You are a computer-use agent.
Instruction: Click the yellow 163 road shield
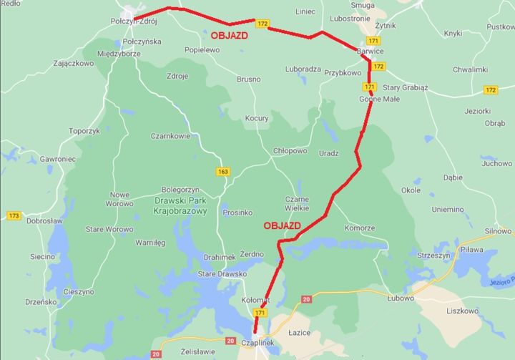coord(224,171)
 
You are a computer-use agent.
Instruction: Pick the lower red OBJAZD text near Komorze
coord(281,225)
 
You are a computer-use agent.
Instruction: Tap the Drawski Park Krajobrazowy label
coord(180,206)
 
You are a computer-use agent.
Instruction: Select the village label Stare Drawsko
coord(222,273)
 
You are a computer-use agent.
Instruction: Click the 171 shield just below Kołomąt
coord(260,313)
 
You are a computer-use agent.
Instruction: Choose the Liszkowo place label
coord(461,311)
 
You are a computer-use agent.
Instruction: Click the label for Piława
coord(471,250)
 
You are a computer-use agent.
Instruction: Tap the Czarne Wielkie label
coord(297,203)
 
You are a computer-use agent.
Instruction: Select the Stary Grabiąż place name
coord(405,88)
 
